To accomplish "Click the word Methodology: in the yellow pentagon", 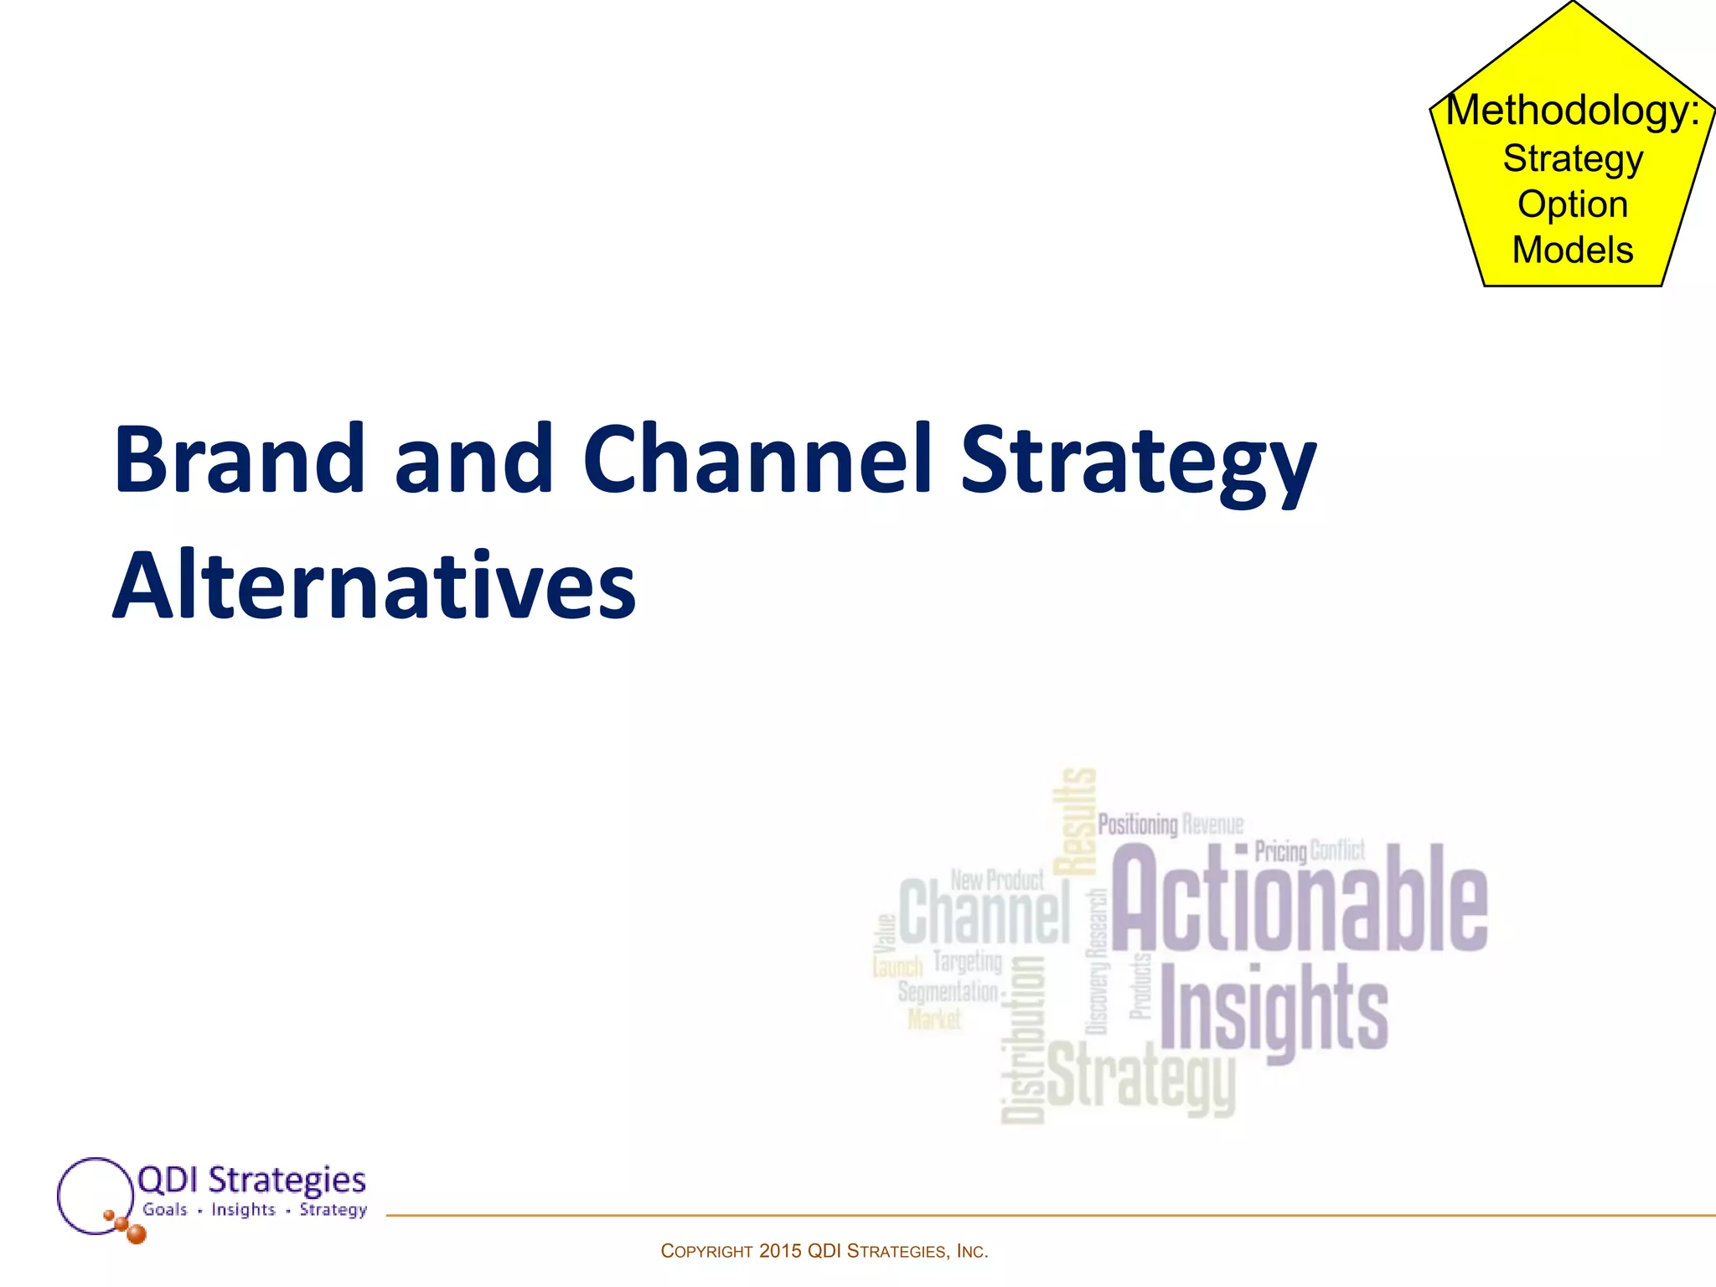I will (1573, 111).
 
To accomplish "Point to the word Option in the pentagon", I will (1573, 204).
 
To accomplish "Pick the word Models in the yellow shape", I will (1573, 250).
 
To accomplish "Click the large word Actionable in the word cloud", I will (1299, 901).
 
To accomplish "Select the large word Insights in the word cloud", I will (1274, 1010).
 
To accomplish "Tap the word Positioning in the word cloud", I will (1137, 824).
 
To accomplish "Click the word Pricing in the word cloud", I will (1280, 851).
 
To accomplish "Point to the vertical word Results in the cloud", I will (1075, 821).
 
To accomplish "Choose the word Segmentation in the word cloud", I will (948, 992).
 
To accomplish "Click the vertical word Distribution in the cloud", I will (1023, 1039).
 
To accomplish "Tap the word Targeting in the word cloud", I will (967, 962).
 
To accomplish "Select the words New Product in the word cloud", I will (997, 880).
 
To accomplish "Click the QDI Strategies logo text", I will (251, 1180).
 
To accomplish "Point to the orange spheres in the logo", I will (126, 1227).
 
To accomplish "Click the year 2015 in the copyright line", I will (780, 1251).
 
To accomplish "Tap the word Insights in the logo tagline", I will (243, 1209).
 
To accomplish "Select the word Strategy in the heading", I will (1138, 461).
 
